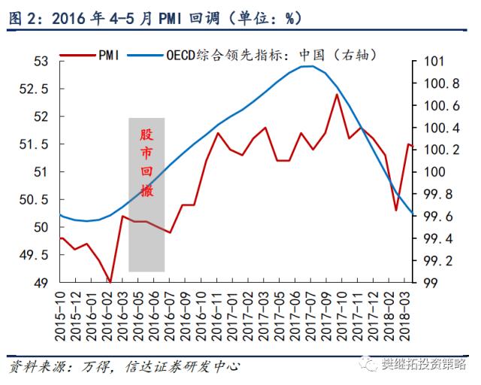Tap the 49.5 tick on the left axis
[35, 255]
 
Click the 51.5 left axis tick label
[35, 144]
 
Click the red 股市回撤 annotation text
[146, 162]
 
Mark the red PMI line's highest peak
[337, 94]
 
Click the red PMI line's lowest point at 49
[110, 281]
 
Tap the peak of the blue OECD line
[307, 66]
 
